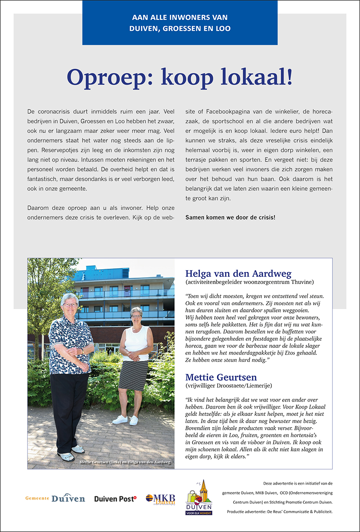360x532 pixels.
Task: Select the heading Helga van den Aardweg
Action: click(x=238, y=274)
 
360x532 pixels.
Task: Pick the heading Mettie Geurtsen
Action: click(x=222, y=376)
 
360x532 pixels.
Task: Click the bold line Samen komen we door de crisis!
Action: click(x=230, y=217)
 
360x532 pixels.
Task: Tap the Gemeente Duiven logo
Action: click(x=55, y=498)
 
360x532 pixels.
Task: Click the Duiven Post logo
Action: click(x=115, y=498)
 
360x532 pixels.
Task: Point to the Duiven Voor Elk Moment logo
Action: click(x=199, y=497)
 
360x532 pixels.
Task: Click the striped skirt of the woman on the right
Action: click(x=133, y=375)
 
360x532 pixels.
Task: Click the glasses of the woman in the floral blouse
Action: click(x=71, y=305)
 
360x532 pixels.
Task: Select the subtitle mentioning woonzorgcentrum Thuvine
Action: click(x=249, y=282)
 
